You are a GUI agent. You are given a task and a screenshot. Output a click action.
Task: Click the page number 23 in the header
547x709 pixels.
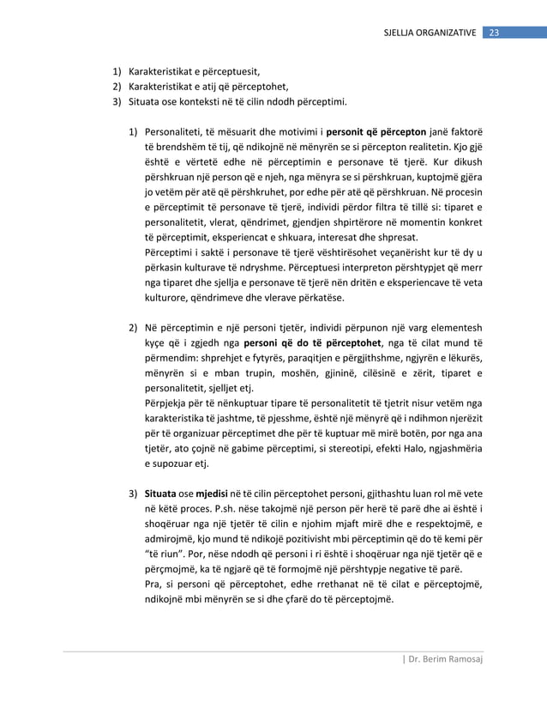(x=494, y=33)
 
